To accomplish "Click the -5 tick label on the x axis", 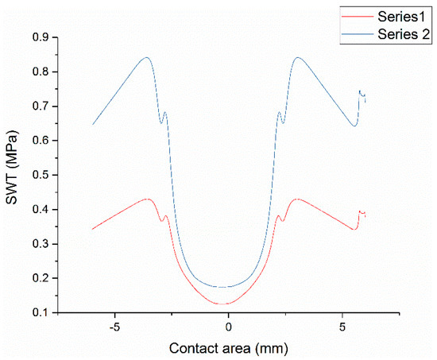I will point(114,327).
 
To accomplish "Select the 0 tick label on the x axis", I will point(228,327).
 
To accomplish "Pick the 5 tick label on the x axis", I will point(342,327).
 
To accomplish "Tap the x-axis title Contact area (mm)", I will point(228,347).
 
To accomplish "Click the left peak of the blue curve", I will point(146,57).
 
